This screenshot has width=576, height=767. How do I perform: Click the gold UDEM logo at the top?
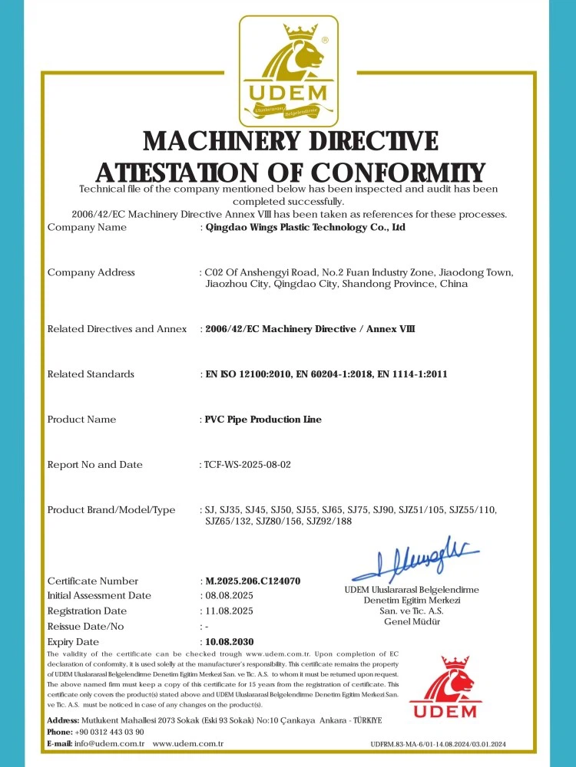[288, 71]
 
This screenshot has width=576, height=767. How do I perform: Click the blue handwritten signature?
[415, 558]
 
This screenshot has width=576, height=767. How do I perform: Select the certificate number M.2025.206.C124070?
[253, 581]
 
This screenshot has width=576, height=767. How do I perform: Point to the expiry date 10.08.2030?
[229, 641]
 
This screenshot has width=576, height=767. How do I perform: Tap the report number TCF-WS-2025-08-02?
[248, 465]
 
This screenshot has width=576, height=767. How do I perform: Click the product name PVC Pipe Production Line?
[263, 420]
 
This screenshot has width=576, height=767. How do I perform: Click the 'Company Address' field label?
[91, 273]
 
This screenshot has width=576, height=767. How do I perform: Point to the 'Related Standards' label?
[91, 374]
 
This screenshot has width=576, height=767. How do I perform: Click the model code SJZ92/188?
[329, 522]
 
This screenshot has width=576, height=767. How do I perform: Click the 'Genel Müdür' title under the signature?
[412, 622]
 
